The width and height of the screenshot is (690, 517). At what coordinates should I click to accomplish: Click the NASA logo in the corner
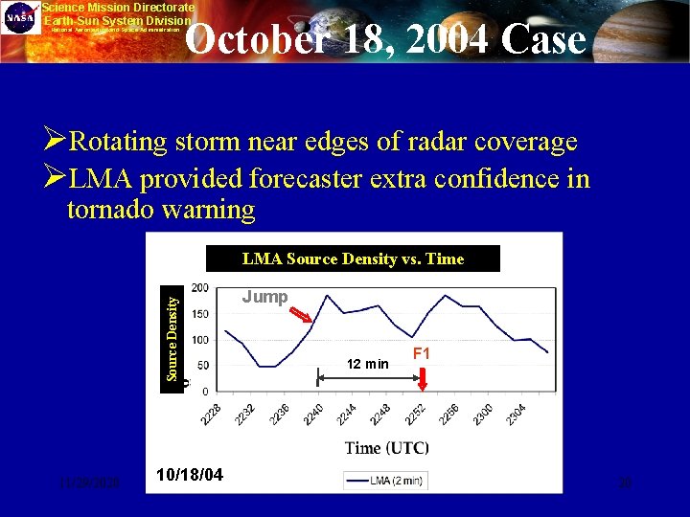19,17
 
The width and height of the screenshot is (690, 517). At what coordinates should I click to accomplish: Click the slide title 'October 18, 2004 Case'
384,39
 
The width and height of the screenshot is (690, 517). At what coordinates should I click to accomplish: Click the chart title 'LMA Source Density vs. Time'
353,258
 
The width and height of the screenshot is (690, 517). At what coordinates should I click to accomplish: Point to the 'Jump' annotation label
264,297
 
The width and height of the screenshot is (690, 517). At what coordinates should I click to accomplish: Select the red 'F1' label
421,354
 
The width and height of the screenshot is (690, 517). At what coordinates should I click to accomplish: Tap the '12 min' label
368,364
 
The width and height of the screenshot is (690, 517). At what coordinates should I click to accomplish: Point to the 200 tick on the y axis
200,288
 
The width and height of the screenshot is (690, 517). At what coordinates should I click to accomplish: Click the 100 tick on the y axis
200,340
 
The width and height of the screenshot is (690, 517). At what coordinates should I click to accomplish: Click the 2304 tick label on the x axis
517,413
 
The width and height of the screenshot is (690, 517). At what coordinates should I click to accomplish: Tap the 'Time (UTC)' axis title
386,447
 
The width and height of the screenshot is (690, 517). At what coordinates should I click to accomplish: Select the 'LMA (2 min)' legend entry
385,481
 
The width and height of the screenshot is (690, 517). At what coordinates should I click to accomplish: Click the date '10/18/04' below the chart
191,474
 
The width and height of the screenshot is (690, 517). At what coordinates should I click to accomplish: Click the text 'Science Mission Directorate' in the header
118,7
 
